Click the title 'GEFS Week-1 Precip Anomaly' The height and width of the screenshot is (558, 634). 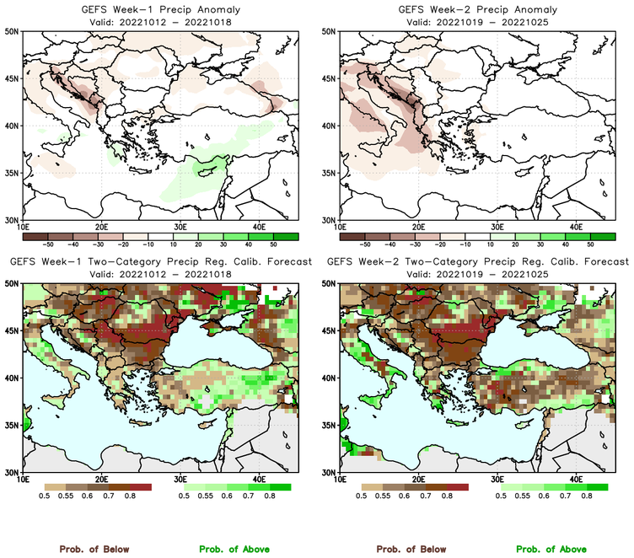(x=158, y=9)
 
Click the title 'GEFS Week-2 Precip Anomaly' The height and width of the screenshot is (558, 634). (x=476, y=9)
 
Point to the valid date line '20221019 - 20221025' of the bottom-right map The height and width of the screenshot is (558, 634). (x=476, y=274)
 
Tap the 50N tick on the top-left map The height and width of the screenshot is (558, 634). (x=13, y=32)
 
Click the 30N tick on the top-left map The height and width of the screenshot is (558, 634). (x=13, y=220)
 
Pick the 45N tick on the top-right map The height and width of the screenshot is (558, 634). (x=330, y=79)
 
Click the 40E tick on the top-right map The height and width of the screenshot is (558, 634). (x=576, y=227)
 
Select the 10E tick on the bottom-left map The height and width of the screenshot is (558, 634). (x=23, y=480)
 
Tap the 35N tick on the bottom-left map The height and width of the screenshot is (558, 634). (x=13, y=426)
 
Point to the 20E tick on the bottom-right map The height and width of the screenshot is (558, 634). (x=419, y=480)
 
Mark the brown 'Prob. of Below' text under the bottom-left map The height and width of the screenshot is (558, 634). (x=94, y=549)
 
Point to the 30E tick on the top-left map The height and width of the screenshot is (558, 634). (x=180, y=227)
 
